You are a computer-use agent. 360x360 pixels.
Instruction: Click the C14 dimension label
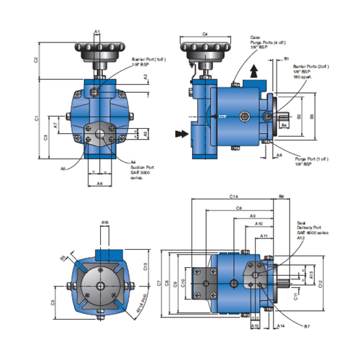pos(234,196)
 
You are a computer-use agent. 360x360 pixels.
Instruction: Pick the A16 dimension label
pos(104,224)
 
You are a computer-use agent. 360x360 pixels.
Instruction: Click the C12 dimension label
pos(320,282)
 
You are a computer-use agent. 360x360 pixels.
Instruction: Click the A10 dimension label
pos(259,224)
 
